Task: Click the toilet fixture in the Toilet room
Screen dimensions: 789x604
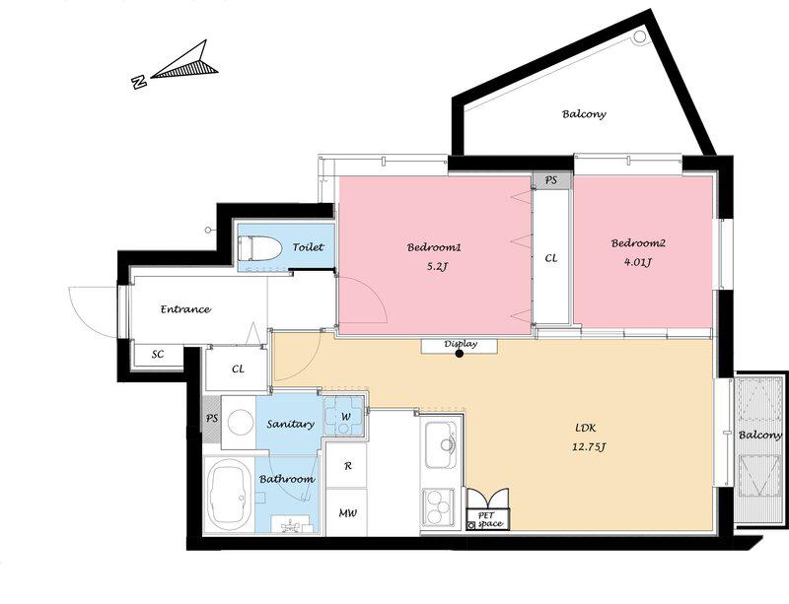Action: pyautogui.click(x=259, y=247)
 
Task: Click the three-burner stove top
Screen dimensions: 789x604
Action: pyautogui.click(x=438, y=507)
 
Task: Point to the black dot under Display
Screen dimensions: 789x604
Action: pyautogui.click(x=460, y=354)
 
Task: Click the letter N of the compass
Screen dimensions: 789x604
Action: pyautogui.click(x=138, y=82)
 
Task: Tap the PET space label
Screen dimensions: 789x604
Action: pyautogui.click(x=487, y=519)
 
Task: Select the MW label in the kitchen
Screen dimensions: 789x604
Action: pyautogui.click(x=348, y=513)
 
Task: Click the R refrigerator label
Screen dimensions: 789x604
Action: pyautogui.click(x=348, y=466)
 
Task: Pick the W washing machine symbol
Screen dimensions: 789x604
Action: pyautogui.click(x=344, y=417)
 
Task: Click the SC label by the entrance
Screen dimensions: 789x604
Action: pyautogui.click(x=158, y=354)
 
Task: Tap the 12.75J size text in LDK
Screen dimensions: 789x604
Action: pyautogui.click(x=588, y=446)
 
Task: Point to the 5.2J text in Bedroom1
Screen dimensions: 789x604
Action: pyautogui.click(x=436, y=267)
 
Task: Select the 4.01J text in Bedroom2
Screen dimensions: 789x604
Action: pyautogui.click(x=638, y=262)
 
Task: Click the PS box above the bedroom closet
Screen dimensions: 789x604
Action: pyautogui.click(x=552, y=179)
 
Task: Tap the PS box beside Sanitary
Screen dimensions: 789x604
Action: pyautogui.click(x=212, y=419)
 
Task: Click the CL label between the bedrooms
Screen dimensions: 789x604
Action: pyautogui.click(x=551, y=258)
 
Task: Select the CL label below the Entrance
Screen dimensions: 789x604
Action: pyautogui.click(x=238, y=369)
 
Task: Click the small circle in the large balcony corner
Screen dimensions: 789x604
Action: pyautogui.click(x=639, y=36)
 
